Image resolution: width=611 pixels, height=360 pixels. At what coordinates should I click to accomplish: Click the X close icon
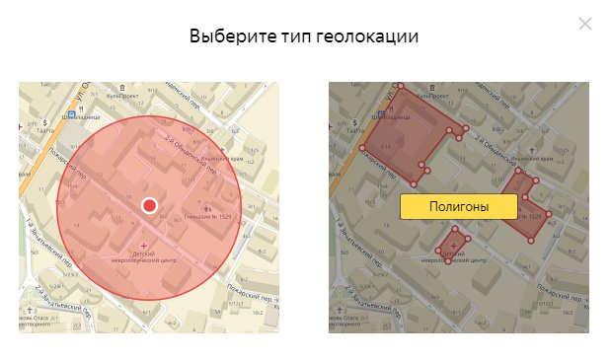pos(585,24)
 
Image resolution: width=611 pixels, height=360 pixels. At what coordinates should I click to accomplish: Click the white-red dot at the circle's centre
pos(150,205)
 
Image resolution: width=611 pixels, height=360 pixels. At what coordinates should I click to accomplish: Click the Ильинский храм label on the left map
pos(225,157)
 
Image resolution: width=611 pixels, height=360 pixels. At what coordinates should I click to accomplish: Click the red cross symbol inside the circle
pos(146,244)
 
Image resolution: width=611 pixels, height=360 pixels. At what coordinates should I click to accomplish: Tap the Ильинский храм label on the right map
pos(534,157)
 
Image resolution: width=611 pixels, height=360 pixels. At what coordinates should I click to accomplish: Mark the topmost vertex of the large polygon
pos(401,87)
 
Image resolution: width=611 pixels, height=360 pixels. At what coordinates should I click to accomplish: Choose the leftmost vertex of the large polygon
pos(362,149)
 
